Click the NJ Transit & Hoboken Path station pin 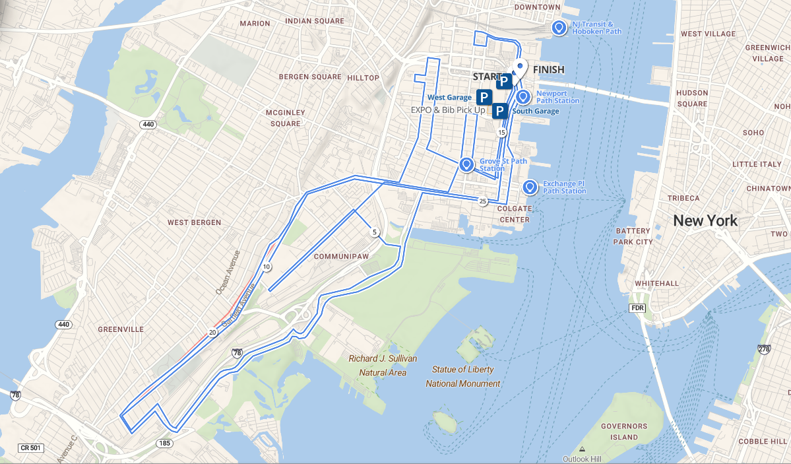[559, 28]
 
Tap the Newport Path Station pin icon [523, 97]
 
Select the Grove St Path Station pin [466, 164]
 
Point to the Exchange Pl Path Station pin [529, 187]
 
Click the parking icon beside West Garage [484, 98]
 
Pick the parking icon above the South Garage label [499, 111]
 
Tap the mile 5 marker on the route [375, 232]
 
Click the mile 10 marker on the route [267, 267]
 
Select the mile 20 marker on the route [212, 332]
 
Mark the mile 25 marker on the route [483, 201]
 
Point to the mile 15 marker [502, 133]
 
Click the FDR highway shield [637, 308]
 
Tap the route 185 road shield [164, 443]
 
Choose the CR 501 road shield [30, 447]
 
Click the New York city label [705, 220]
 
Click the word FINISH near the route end [548, 69]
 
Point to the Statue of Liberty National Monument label [462, 376]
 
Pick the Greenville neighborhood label [120, 329]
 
